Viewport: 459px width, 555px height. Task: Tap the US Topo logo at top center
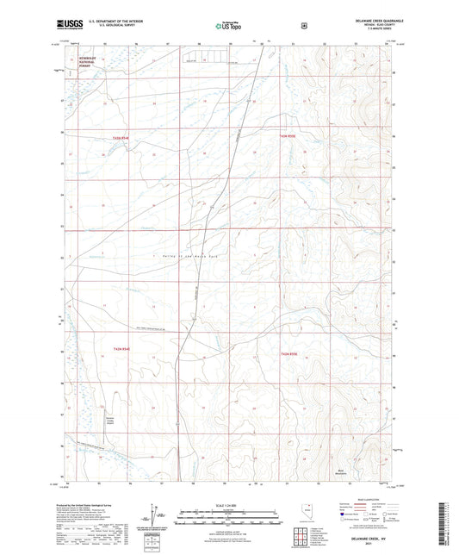[x=228, y=26]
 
